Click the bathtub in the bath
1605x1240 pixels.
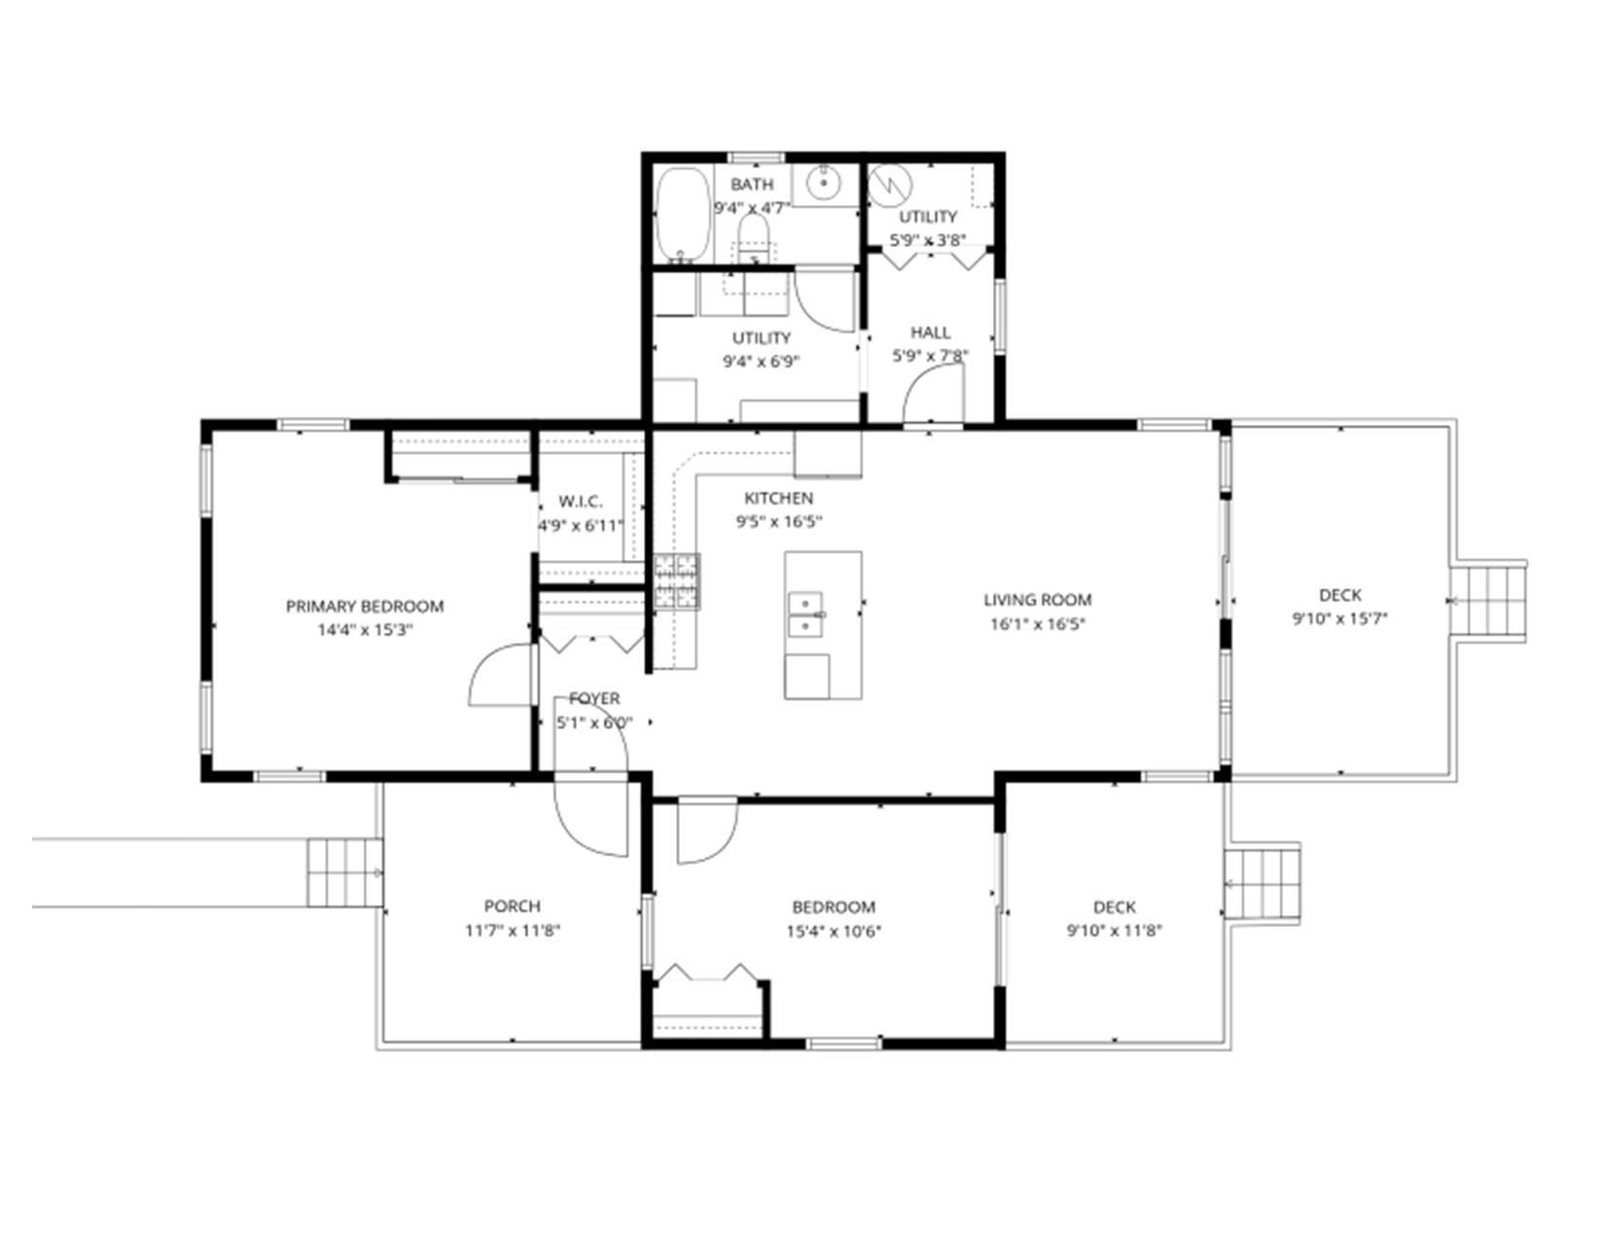click(x=682, y=214)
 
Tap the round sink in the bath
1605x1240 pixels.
click(x=824, y=182)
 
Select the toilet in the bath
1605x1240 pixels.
click(x=754, y=238)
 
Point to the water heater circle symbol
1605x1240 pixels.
click(x=886, y=186)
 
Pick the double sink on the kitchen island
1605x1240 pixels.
click(x=805, y=614)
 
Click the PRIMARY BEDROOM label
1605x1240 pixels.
click(x=365, y=606)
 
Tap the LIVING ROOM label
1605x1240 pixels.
click(x=1037, y=600)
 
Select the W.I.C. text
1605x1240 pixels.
click(x=581, y=502)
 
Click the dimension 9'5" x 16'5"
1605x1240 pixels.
click(x=779, y=521)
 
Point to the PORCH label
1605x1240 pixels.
click(x=512, y=905)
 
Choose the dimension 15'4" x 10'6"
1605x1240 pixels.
click(x=834, y=931)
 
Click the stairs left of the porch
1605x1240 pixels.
click(x=345, y=872)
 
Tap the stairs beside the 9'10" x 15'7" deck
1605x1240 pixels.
click(x=1487, y=601)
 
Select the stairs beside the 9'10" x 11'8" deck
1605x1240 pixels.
click(x=1262, y=883)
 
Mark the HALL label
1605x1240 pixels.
click(x=931, y=333)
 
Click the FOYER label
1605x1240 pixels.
click(x=594, y=698)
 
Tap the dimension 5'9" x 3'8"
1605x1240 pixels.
click(x=928, y=240)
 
